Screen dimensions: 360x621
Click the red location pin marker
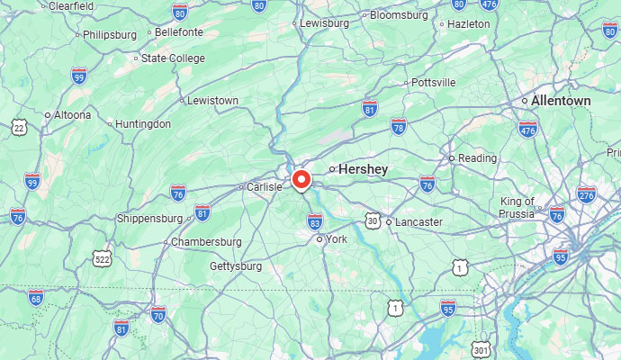pyautogui.click(x=300, y=179)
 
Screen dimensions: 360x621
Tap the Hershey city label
pyautogui.click(x=363, y=168)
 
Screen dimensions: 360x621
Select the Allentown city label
pyautogui.click(x=561, y=101)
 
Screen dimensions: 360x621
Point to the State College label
pyautogui.click(x=174, y=58)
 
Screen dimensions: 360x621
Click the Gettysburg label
pyautogui.click(x=235, y=266)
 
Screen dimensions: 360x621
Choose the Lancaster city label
pyautogui.click(x=419, y=221)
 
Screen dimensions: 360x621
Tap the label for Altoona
pyautogui.click(x=72, y=114)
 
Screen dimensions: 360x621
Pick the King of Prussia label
pyautogui.click(x=517, y=207)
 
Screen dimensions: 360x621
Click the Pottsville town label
pyautogui.click(x=434, y=83)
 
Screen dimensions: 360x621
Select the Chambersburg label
pyautogui.click(x=206, y=242)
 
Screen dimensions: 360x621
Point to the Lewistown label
pyautogui.click(x=212, y=100)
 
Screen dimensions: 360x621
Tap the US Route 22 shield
pyautogui.click(x=19, y=129)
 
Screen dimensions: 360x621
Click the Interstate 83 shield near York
pyautogui.click(x=315, y=221)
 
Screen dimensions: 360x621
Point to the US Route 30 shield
pyautogui.click(x=373, y=220)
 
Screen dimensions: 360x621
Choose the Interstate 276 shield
pyautogui.click(x=586, y=194)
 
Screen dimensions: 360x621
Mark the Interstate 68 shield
pyautogui.click(x=36, y=297)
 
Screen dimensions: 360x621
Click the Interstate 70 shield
pyautogui.click(x=158, y=314)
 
